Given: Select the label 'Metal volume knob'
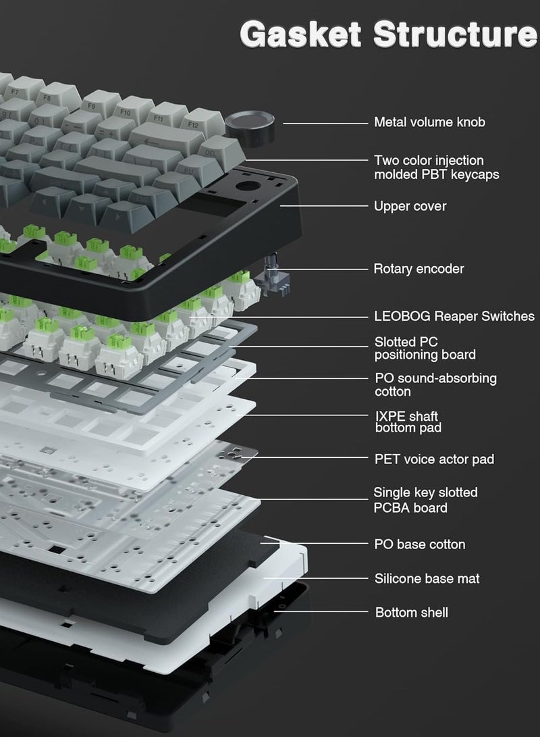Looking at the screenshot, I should tap(429, 122).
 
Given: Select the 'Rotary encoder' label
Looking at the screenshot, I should tap(418, 269).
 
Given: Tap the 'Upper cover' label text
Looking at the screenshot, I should tap(410, 206).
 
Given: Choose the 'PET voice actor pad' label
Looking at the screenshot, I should tap(434, 459).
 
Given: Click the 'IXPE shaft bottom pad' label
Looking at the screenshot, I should tap(408, 422).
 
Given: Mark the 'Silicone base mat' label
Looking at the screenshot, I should tap(427, 578).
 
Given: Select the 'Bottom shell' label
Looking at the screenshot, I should tap(411, 613).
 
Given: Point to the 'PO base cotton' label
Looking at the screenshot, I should tap(419, 544).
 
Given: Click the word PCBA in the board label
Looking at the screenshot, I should tap(394, 507).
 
